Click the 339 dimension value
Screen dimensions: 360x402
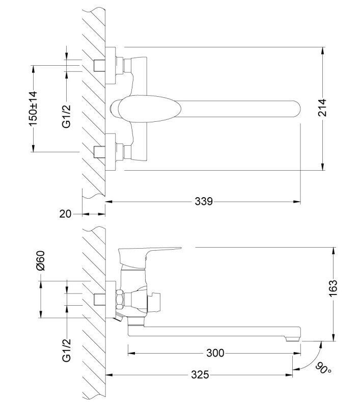point(204,201)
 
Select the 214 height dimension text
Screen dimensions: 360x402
point(322,108)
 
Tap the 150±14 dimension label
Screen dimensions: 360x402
point(33,109)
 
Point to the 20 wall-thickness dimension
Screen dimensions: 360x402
point(65,213)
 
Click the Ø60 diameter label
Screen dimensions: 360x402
point(41,260)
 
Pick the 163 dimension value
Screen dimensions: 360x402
point(333,288)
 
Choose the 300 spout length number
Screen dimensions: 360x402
point(215,353)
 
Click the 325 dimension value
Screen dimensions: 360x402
point(200,375)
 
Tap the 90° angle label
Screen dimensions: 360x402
point(323,369)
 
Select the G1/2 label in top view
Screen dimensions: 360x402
point(66,116)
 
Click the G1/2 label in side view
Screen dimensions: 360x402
point(66,350)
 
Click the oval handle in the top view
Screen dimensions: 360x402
point(146,109)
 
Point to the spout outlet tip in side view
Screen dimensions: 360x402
point(292,339)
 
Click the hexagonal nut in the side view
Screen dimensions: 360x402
point(119,299)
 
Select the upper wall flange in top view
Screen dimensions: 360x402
point(110,66)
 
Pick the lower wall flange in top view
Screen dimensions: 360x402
point(110,152)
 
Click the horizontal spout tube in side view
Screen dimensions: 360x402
point(214,331)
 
